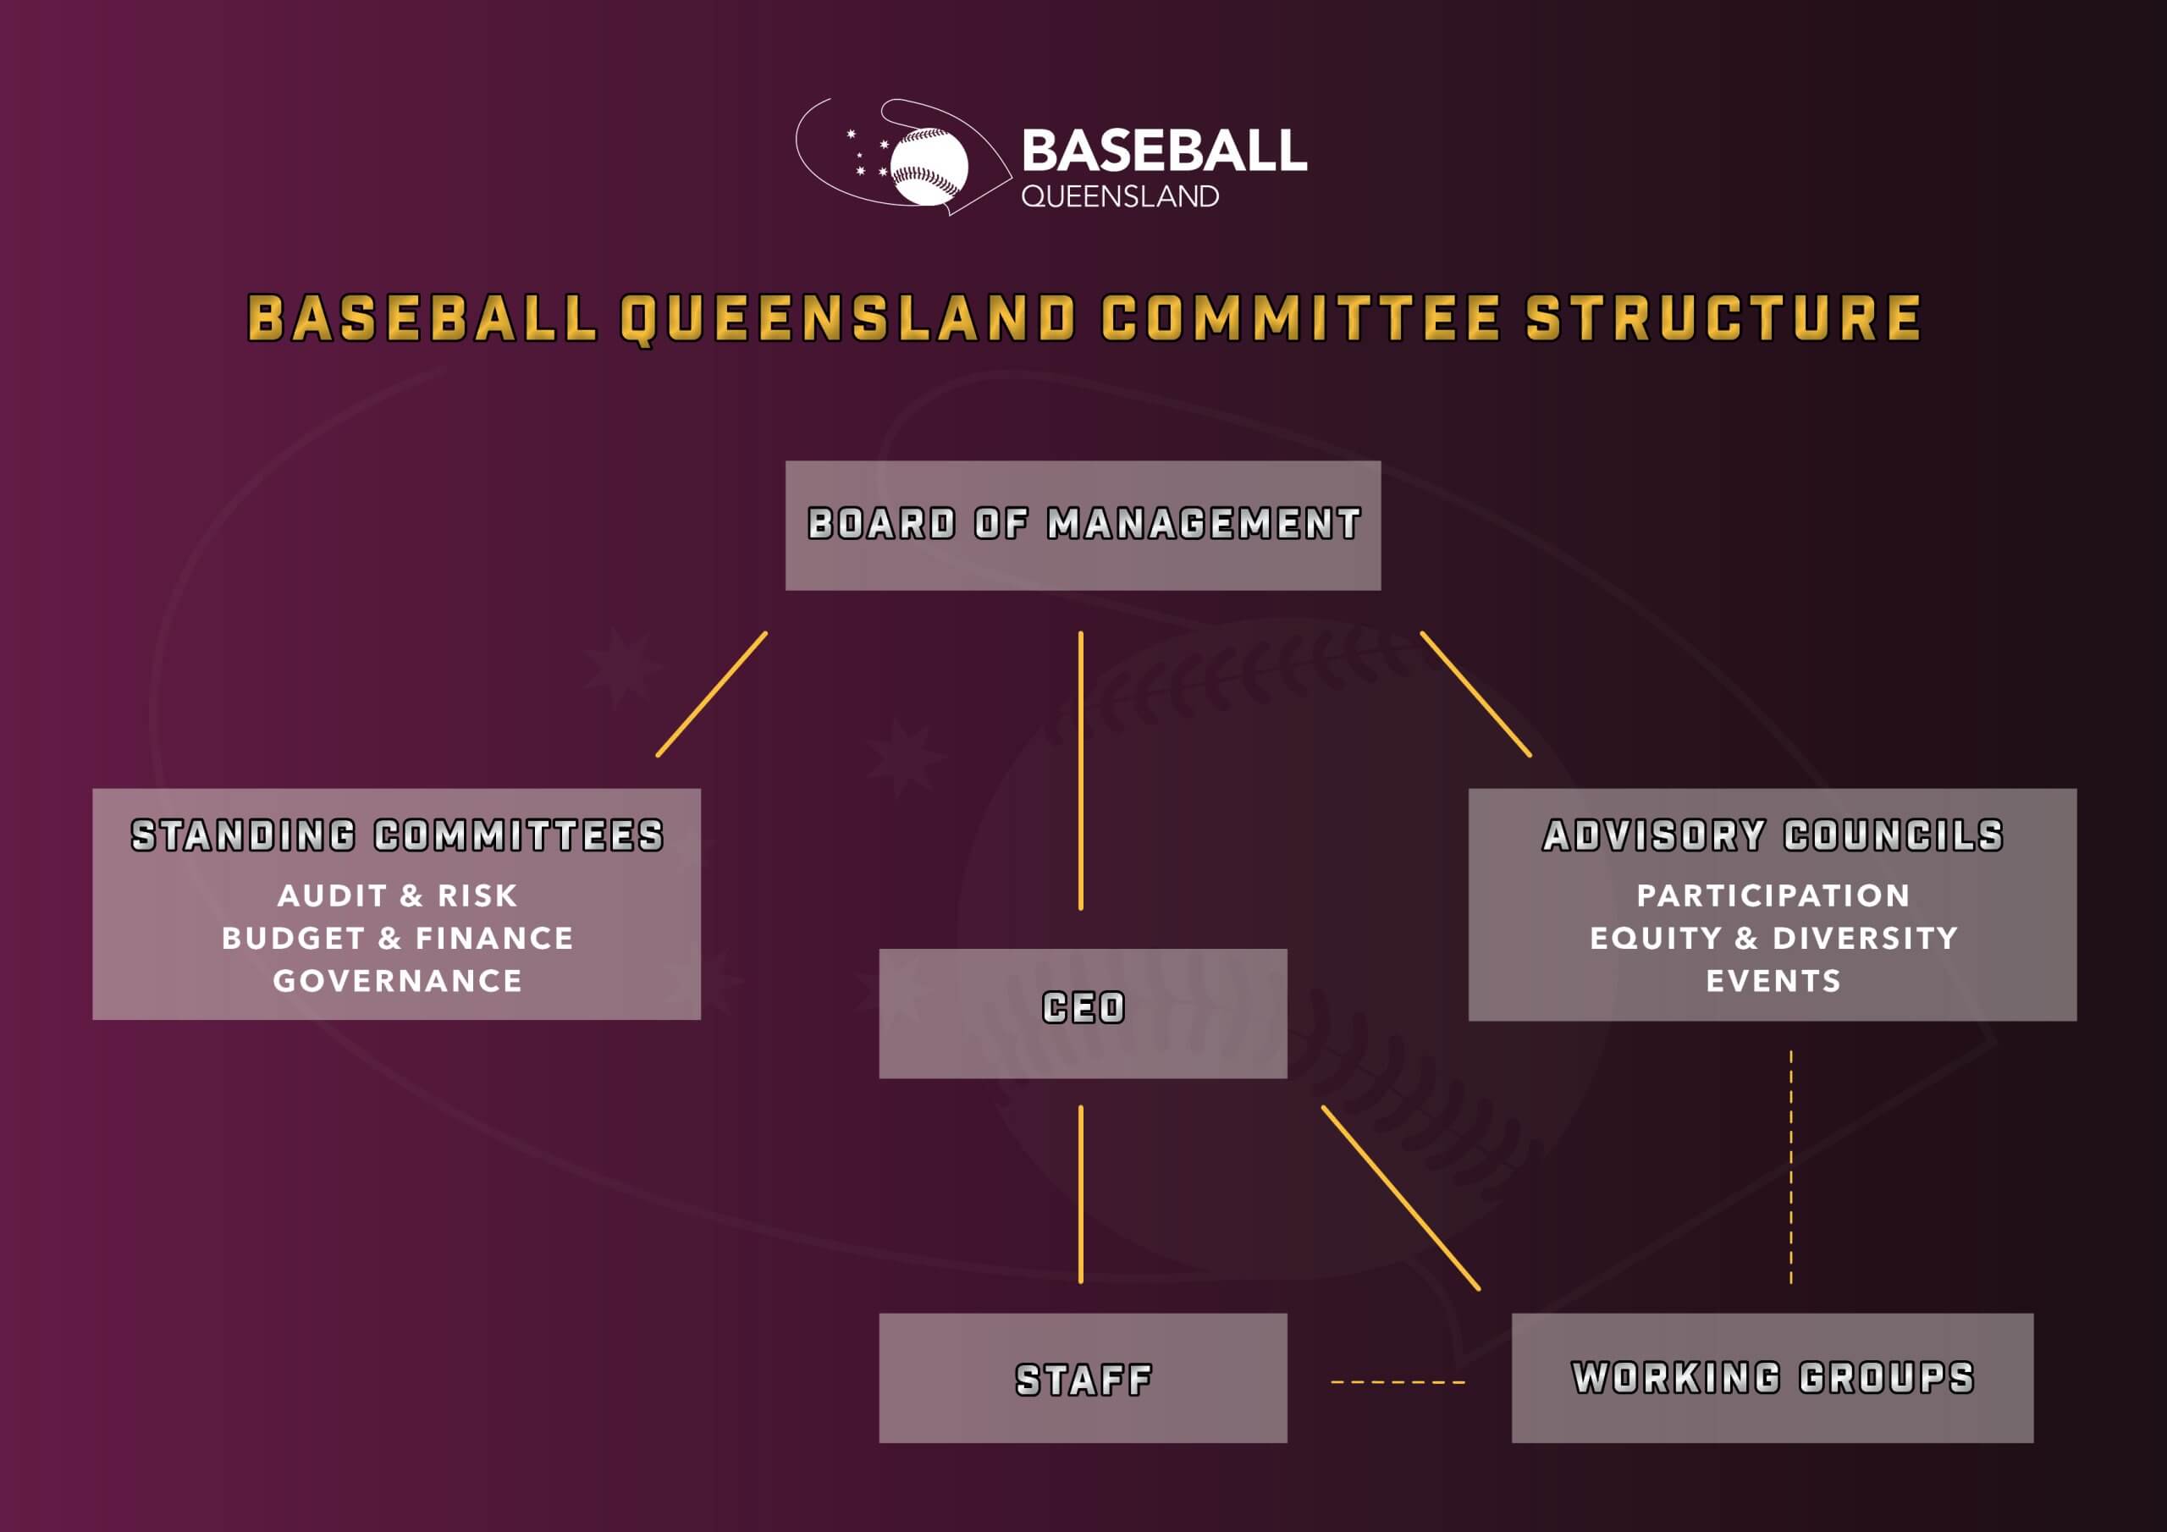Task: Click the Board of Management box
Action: point(1083,525)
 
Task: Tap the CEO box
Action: point(1083,1012)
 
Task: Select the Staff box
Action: point(1083,1378)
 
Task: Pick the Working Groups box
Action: point(1772,1377)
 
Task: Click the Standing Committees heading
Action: point(396,835)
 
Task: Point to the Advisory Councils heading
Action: point(1772,835)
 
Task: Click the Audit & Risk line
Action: point(396,895)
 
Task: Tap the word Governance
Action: point(396,981)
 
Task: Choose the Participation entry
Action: point(1773,895)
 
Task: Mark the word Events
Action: point(1773,981)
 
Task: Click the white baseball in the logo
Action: point(929,165)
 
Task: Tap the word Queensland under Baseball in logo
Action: point(1119,196)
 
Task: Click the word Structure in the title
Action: point(1723,317)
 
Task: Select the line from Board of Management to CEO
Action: point(1081,769)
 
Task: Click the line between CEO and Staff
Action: point(1081,1194)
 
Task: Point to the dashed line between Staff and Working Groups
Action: point(1398,1382)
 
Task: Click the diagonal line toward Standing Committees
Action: point(712,694)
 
